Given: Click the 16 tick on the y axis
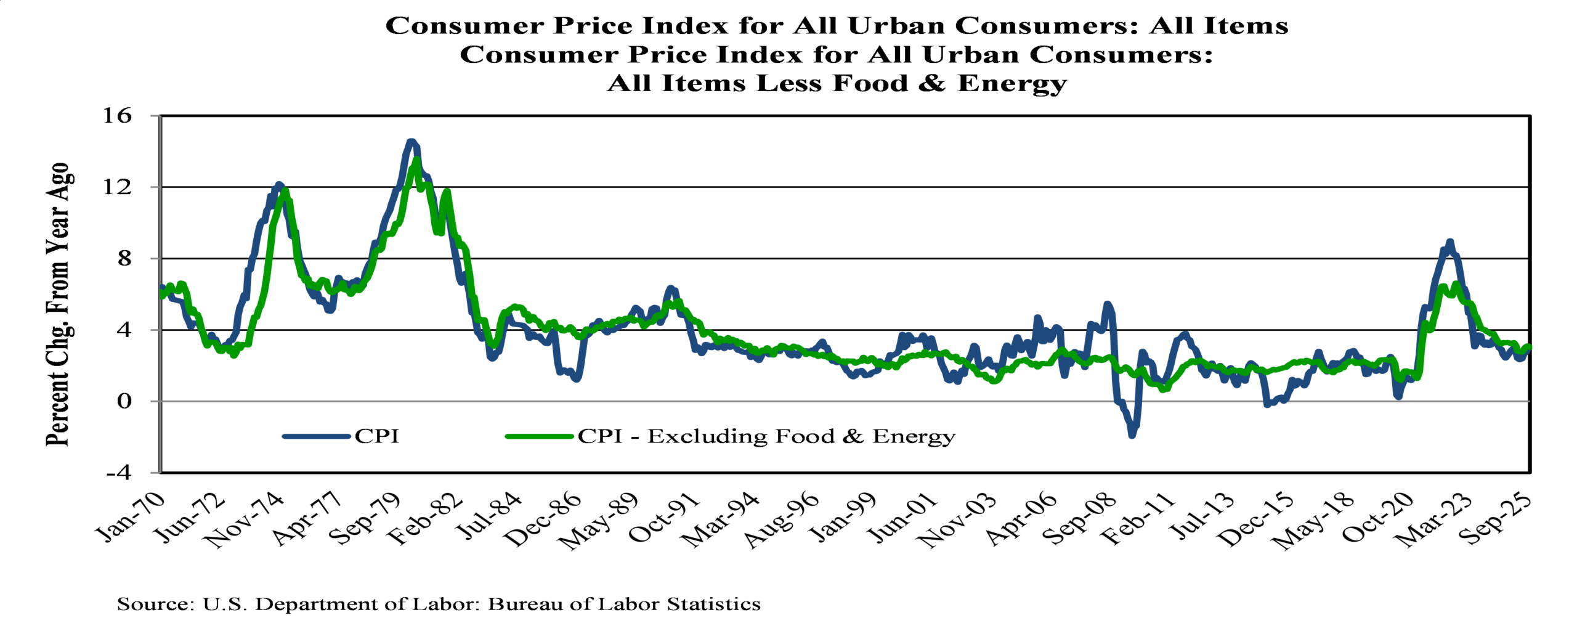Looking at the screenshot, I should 116,115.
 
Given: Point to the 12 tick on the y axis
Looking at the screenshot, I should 116,187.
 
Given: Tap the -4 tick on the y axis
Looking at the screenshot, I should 118,473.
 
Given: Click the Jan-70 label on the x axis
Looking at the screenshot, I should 131,518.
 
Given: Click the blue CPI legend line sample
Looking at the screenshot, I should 316,436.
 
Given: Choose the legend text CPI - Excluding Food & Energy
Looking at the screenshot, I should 766,436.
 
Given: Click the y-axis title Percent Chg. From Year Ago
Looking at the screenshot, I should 59,304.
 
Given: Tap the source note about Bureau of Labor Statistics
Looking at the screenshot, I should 439,604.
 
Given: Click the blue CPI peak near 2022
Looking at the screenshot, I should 1449,242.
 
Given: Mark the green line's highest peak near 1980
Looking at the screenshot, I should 417,160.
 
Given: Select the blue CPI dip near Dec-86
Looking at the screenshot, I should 576,378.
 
